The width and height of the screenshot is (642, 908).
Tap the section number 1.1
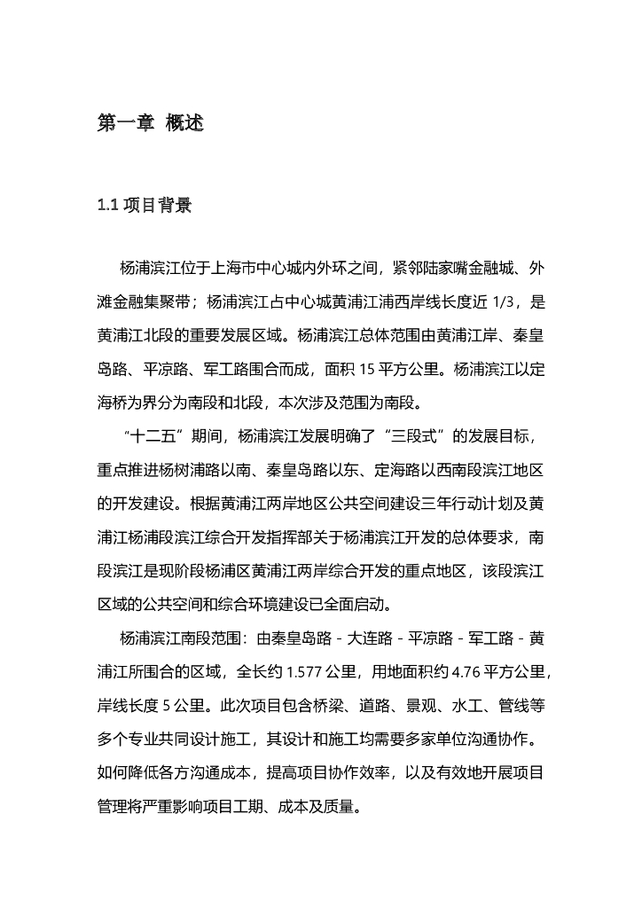coord(107,206)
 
